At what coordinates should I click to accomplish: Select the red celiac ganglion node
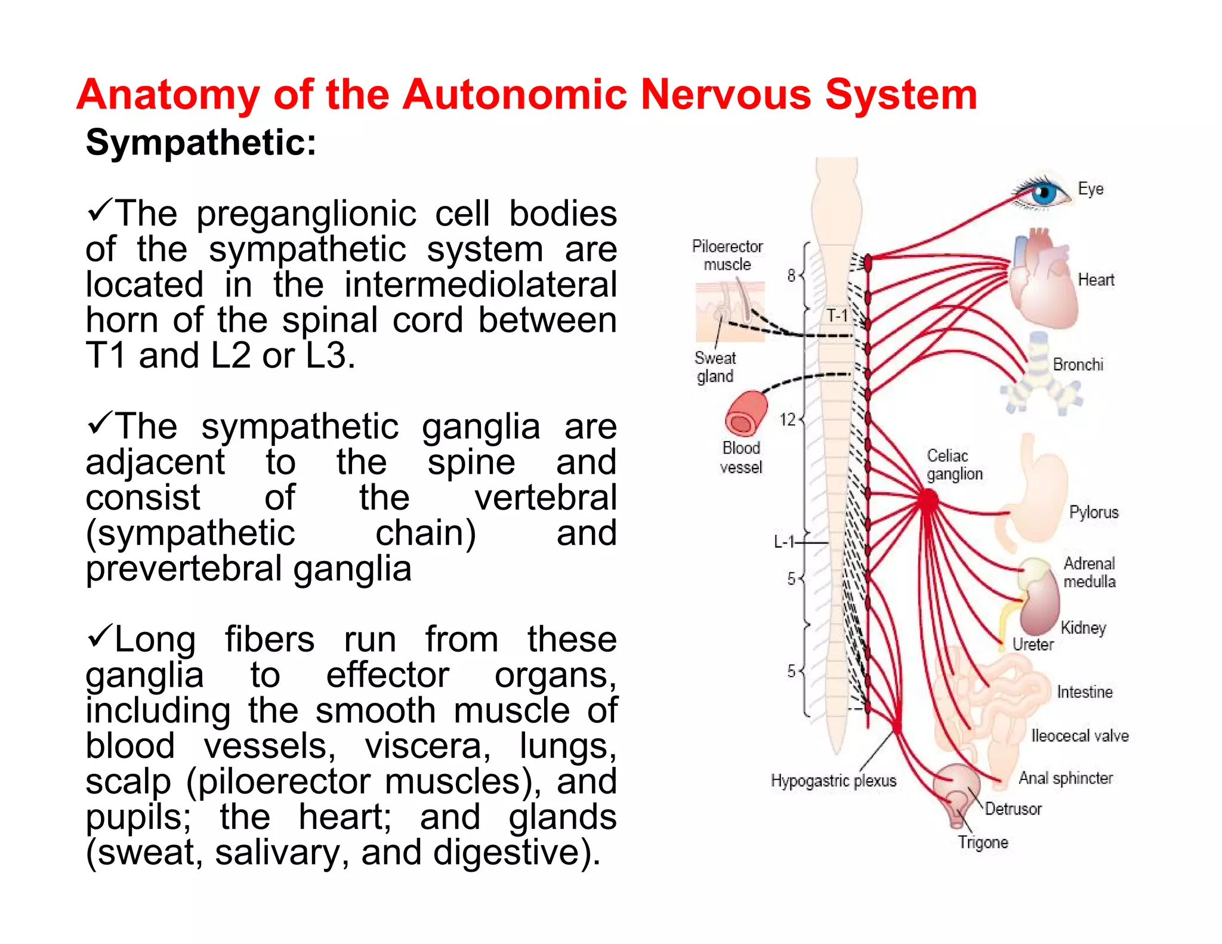tap(928, 499)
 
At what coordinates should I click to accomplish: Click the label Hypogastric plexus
tap(833, 781)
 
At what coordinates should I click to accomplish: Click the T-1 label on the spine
tap(837, 316)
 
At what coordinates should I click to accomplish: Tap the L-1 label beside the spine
tap(784, 542)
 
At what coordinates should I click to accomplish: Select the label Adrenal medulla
tap(1089, 572)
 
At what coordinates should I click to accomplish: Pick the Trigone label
tap(983, 842)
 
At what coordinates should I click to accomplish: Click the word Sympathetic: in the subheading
tap(200, 143)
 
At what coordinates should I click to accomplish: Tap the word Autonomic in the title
tap(514, 95)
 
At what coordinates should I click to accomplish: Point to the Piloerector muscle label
tap(727, 255)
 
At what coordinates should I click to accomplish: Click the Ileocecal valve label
tap(1079, 736)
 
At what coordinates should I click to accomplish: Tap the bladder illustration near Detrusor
tap(956, 791)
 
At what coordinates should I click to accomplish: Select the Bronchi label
tap(1078, 365)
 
